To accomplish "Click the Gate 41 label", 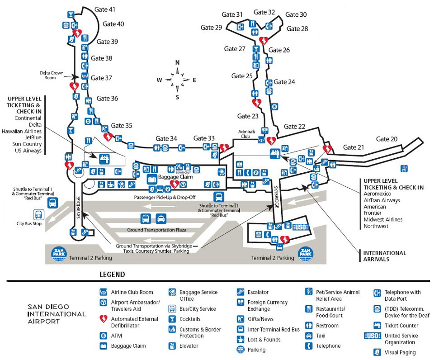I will click(x=105, y=9).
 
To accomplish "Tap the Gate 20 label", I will click(x=387, y=139).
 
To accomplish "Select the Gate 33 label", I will click(x=204, y=138).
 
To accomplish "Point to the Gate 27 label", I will click(x=235, y=49).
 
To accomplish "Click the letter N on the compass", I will click(x=178, y=62).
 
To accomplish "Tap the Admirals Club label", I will click(x=247, y=133).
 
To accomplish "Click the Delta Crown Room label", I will click(x=47, y=75).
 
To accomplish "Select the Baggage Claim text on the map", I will click(x=176, y=177).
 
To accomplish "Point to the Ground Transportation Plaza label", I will click(x=157, y=230).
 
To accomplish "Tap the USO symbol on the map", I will click(x=300, y=227).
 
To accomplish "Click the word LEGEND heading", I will click(x=112, y=275).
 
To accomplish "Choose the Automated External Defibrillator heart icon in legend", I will click(x=103, y=319).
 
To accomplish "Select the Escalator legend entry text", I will click(x=258, y=292).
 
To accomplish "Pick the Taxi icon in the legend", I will click(x=309, y=336).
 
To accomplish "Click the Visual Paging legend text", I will click(x=400, y=352).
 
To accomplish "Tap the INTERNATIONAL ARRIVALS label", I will click(x=385, y=256).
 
